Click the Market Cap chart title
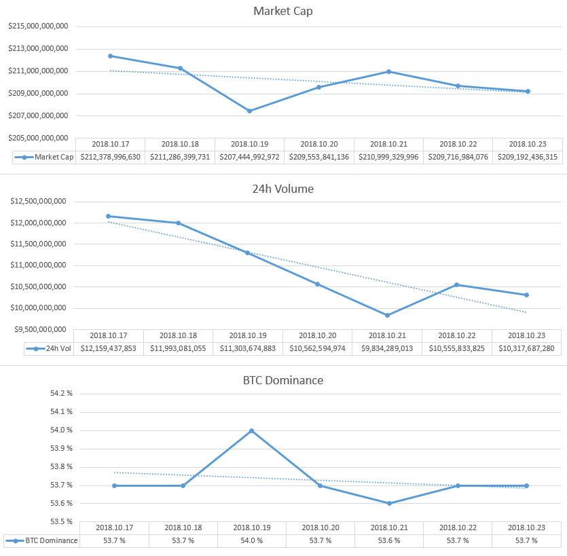282,11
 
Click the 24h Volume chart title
282,189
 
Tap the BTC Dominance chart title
282,380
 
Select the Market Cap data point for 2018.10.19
249,111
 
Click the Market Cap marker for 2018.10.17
110,56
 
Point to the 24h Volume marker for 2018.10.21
387,315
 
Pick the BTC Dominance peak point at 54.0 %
251,430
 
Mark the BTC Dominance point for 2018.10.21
389,503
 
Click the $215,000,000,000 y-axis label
38,26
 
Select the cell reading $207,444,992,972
249,157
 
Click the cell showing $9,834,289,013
386,348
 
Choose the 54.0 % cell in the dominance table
252,540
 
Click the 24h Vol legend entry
49,348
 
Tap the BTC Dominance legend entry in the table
42,540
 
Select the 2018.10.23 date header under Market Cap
527,144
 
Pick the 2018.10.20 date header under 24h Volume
317,335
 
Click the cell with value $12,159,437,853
109,348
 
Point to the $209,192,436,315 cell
527,157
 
